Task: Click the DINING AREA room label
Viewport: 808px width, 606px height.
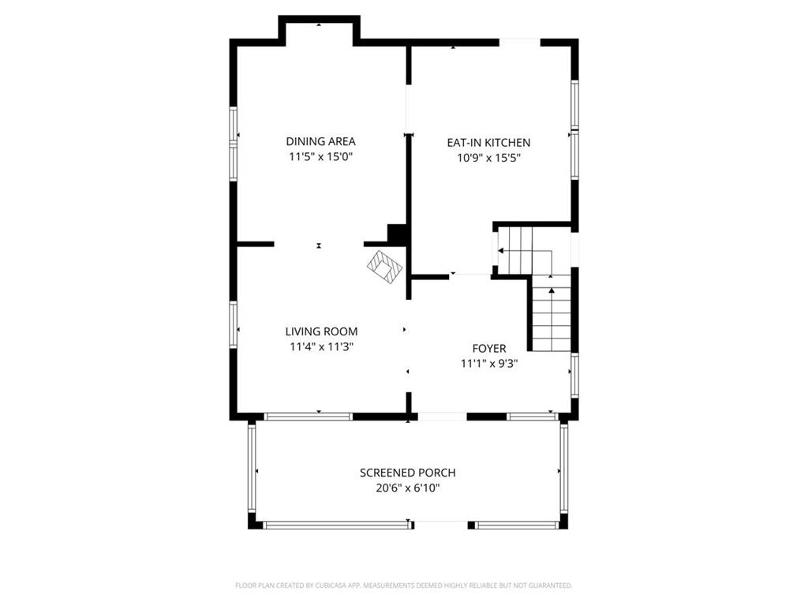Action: [x=320, y=141]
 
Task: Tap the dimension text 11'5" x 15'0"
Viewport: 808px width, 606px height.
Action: [x=320, y=157]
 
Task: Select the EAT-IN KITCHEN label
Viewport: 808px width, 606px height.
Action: [x=488, y=143]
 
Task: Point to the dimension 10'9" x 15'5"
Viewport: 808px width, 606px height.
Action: [x=488, y=158]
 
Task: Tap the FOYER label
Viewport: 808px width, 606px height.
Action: [x=489, y=348]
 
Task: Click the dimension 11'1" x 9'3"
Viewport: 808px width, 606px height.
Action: [x=489, y=364]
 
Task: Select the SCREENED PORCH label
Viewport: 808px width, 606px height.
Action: [x=407, y=473]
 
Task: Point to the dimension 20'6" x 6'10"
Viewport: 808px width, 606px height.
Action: [x=407, y=488]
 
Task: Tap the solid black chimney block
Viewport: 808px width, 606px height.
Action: [x=397, y=234]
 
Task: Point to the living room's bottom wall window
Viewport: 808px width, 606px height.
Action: [x=308, y=416]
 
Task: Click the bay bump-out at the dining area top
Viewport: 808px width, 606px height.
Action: [x=319, y=30]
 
